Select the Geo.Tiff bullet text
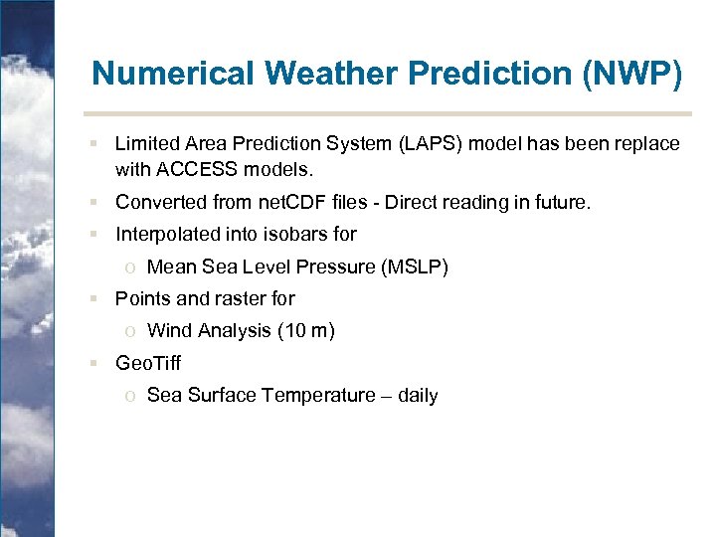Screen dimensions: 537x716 (148, 363)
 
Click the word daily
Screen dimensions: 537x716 (418, 396)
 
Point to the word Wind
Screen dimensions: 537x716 (168, 331)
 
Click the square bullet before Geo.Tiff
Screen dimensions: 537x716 (91, 363)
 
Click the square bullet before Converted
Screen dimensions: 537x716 (91, 203)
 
